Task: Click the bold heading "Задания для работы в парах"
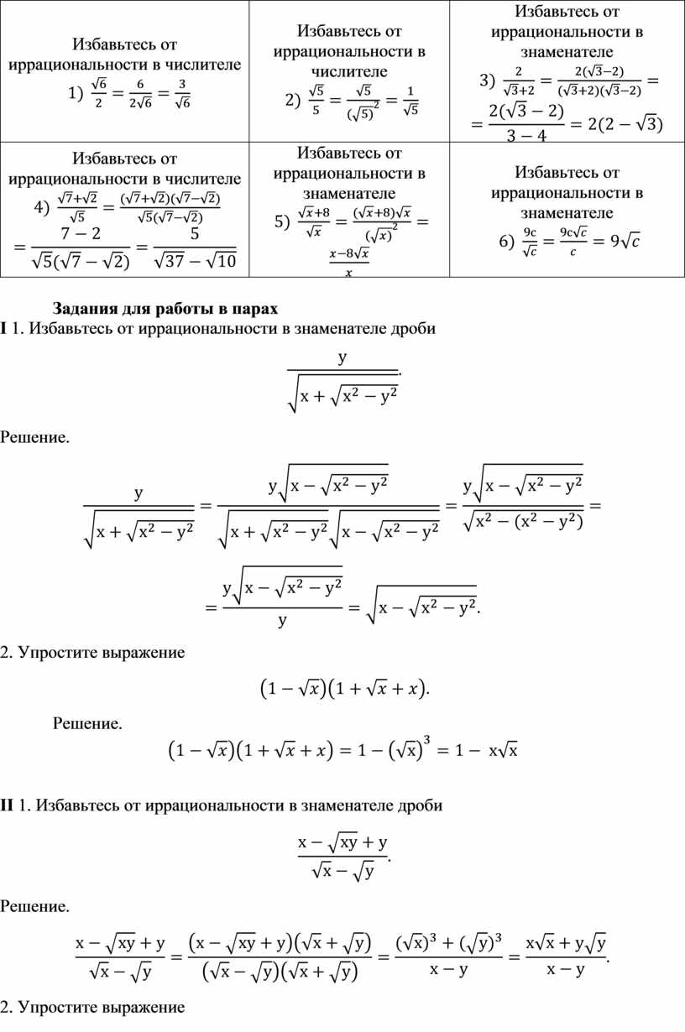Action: (165, 305)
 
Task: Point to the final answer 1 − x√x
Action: (483, 749)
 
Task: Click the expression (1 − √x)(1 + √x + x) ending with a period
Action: (342, 689)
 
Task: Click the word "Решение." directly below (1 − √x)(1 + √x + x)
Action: (87, 722)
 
